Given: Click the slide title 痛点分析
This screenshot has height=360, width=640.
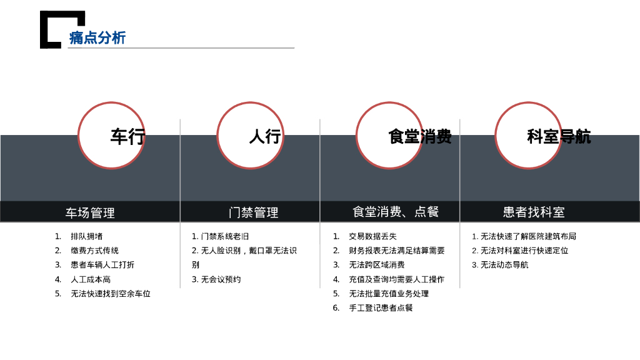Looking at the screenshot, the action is click(97, 37).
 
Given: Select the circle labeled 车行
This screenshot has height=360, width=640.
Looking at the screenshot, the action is click(112, 136).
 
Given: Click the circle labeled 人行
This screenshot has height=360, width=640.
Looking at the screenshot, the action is click(250, 136).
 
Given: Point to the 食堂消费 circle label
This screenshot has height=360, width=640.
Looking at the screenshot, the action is click(419, 136).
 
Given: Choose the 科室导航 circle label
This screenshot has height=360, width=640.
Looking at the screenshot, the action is click(559, 136).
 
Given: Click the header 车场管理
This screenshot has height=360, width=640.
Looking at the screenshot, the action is click(90, 212).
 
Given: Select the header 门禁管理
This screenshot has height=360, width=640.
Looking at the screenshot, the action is click(253, 212).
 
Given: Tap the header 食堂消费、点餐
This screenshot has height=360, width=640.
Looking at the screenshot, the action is click(396, 212).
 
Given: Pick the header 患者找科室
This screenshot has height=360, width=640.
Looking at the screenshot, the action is click(534, 212).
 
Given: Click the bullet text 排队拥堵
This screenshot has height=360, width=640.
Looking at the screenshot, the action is click(87, 236).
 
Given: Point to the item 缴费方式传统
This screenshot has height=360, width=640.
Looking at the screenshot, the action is click(94, 251).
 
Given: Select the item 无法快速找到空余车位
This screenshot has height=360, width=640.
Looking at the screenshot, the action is click(111, 293).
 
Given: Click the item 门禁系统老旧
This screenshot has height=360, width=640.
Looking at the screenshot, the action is click(224, 236).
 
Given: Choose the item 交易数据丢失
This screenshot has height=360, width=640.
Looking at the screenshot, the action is click(372, 236).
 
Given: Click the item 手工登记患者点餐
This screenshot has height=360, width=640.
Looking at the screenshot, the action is click(381, 307).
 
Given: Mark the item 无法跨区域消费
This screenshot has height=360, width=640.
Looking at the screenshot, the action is click(376, 265).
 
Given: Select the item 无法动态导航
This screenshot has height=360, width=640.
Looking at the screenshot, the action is click(504, 265).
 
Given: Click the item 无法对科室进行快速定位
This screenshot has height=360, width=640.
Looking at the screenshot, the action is click(524, 251).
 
